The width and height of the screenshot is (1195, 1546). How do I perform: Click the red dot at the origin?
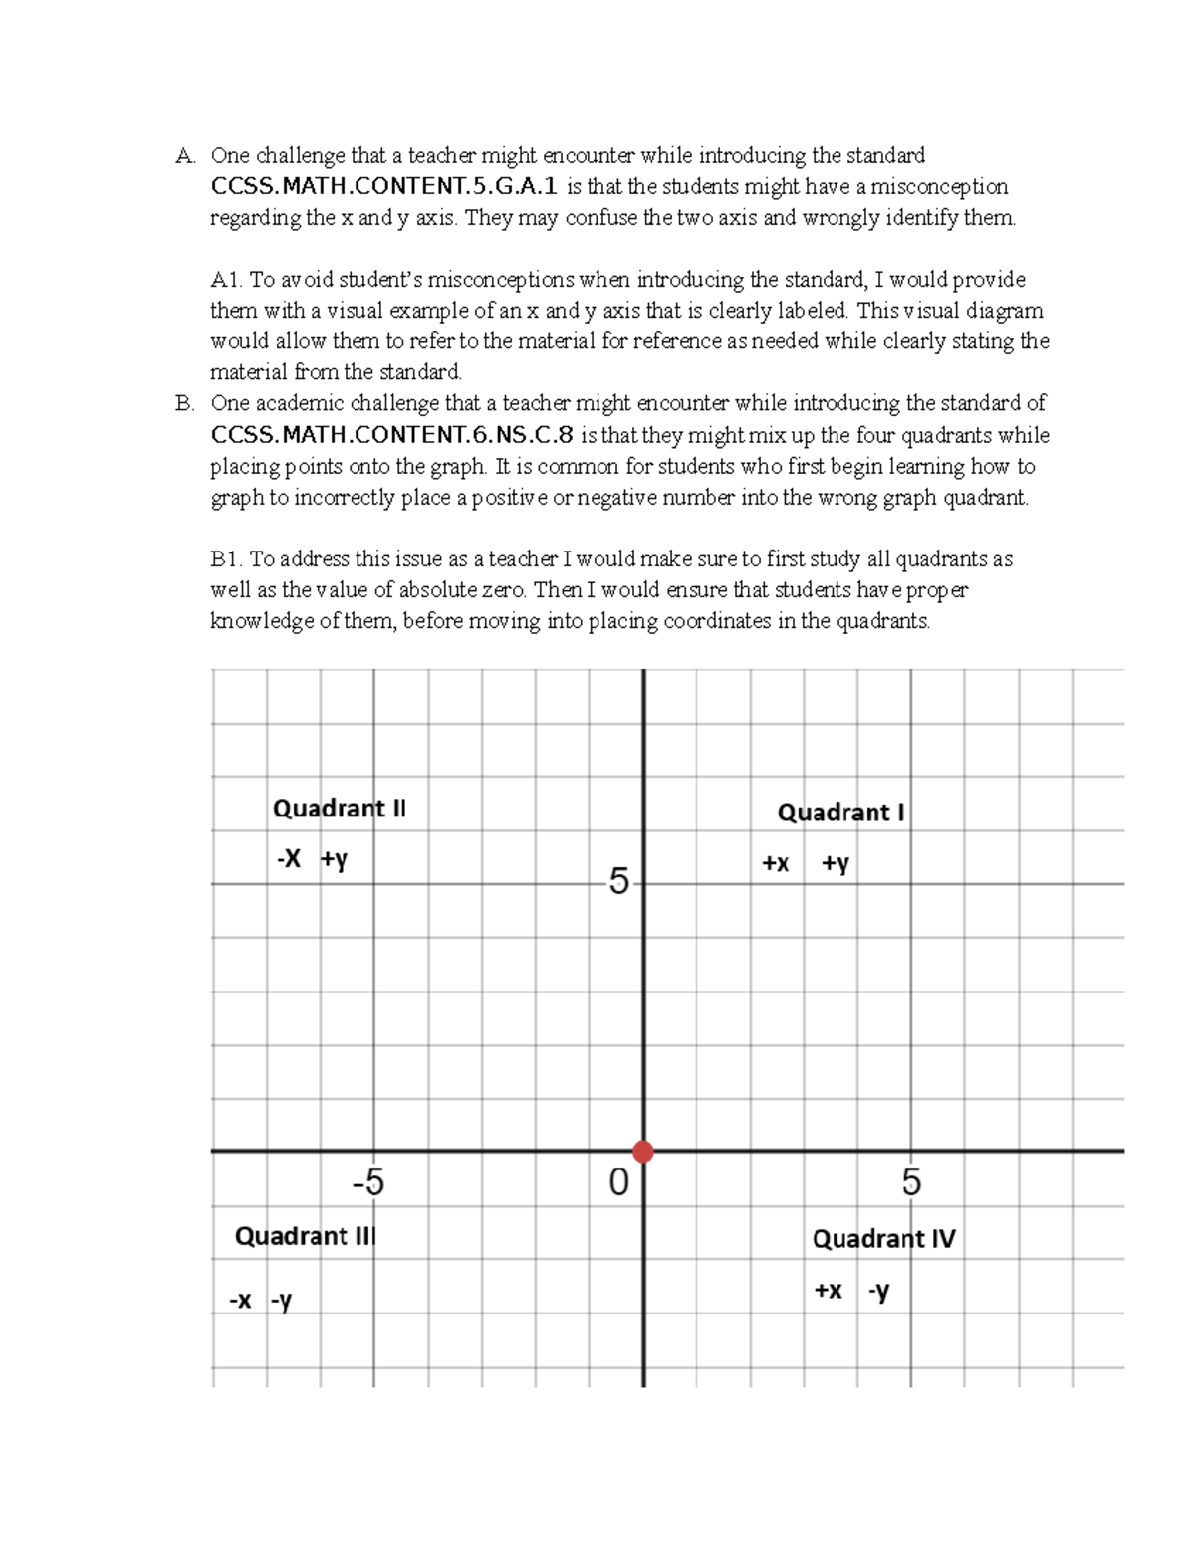(643, 1152)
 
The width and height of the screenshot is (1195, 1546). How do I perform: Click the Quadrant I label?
(840, 813)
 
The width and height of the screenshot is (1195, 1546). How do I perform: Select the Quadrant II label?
(339, 808)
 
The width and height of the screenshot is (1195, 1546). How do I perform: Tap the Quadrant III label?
(304, 1236)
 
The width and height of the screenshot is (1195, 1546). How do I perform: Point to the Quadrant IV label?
(883, 1239)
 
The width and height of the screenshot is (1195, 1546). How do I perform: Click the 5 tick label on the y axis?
(618, 882)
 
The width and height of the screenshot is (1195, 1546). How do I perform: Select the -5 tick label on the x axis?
(367, 1183)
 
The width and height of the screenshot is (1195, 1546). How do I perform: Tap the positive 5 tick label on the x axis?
(911, 1183)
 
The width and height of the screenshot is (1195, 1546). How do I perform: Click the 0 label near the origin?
(618, 1183)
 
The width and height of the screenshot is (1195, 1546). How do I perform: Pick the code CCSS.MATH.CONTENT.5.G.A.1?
(384, 187)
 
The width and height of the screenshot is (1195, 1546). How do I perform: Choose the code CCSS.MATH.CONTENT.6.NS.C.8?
(392, 435)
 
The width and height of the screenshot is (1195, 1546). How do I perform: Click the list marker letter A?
(184, 156)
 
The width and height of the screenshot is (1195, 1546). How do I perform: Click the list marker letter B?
(184, 404)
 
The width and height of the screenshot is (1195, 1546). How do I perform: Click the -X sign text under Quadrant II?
(289, 859)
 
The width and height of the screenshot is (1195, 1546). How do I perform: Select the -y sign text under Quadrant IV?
(878, 1292)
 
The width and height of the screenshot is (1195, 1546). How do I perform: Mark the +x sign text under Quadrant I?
(776, 864)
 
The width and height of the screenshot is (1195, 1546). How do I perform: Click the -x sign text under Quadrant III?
(240, 1301)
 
